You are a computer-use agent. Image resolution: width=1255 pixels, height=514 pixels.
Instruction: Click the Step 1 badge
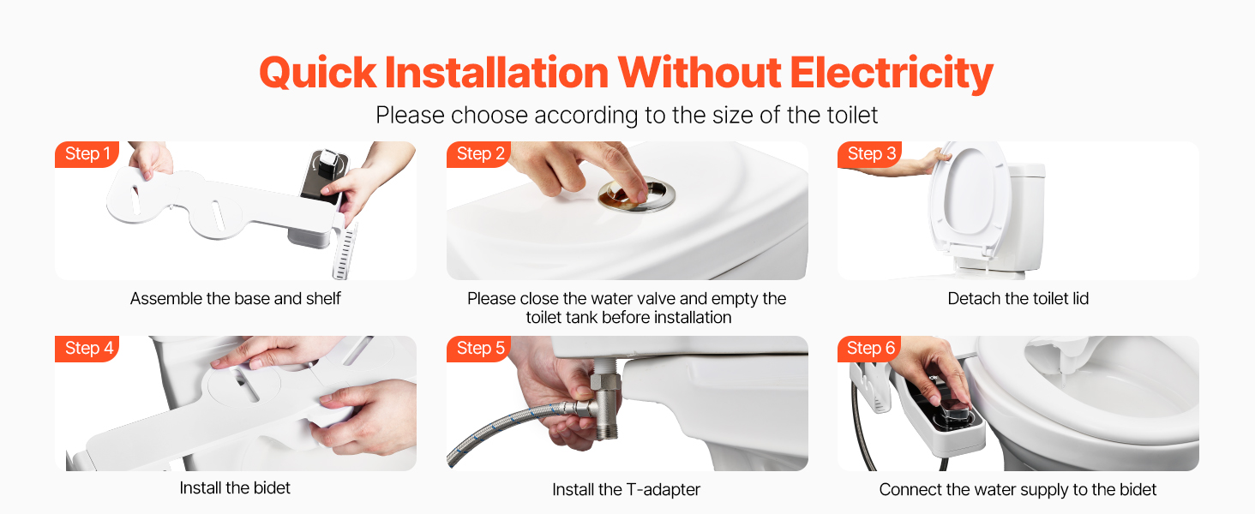[87, 154]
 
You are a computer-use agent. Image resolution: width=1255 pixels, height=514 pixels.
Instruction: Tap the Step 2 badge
[479, 154]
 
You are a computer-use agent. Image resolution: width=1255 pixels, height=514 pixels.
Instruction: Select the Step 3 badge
[870, 154]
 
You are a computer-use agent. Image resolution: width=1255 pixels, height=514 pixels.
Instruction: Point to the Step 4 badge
[87, 349]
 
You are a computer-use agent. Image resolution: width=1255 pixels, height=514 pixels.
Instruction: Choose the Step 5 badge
[479, 349]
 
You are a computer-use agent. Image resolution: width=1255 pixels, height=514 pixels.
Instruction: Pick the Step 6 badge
[869, 349]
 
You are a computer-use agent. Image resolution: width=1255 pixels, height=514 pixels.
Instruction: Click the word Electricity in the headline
[892, 74]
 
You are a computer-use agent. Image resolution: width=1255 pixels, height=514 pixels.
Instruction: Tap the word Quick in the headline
[318, 74]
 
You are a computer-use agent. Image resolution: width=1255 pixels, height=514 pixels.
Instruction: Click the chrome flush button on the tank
[636, 195]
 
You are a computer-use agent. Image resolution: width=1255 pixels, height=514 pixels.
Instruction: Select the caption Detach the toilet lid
[1018, 298]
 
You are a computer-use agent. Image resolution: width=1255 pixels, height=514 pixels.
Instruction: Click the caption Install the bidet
[235, 487]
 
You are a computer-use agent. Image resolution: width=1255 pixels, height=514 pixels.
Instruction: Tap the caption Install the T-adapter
[627, 489]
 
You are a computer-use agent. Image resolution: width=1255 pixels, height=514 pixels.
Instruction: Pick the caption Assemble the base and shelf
[235, 298]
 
